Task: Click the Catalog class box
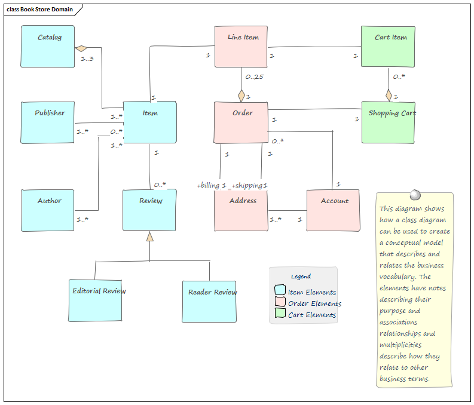click(48, 46)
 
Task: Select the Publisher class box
click(48, 122)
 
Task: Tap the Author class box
click(48, 210)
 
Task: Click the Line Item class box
click(241, 47)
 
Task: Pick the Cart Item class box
click(388, 46)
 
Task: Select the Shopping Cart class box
click(388, 122)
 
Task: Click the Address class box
click(241, 210)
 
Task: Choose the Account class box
click(333, 210)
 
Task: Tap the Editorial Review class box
click(95, 300)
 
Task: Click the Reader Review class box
click(209, 300)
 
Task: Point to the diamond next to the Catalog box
click(81, 48)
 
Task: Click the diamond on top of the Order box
click(241, 96)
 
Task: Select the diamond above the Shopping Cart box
click(389, 96)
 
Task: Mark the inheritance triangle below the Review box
click(150, 237)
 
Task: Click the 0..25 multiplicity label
click(254, 76)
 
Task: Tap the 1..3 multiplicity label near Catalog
click(87, 59)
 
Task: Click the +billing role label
click(209, 186)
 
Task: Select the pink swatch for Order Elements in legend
click(280, 303)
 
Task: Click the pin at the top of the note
click(414, 195)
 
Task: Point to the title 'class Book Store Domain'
click(39, 10)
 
